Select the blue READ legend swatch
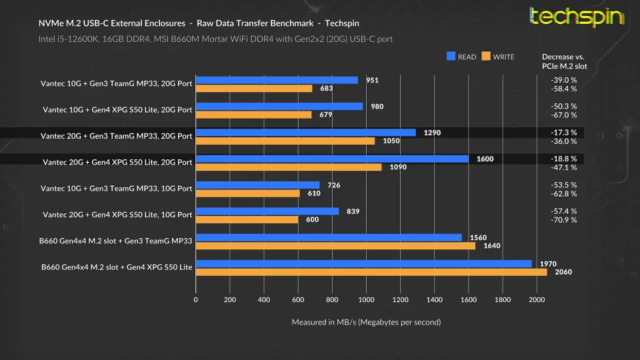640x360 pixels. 451,57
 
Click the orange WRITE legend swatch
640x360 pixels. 486,57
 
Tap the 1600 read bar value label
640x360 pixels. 485,159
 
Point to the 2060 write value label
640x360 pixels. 563,272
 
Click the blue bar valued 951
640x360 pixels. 277,80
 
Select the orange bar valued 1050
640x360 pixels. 285,141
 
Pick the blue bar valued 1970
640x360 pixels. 363,263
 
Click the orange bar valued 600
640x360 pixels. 247,219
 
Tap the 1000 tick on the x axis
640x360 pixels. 366,300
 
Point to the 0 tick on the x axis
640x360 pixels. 195,300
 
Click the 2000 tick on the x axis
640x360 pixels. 537,300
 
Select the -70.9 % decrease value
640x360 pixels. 564,220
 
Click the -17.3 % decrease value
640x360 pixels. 564,133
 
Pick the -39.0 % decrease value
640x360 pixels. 564,80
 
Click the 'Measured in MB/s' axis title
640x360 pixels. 366,322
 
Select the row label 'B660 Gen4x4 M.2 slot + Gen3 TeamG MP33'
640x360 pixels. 116,241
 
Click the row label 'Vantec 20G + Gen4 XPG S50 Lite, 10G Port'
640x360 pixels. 117,215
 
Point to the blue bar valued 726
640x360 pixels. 257,185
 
